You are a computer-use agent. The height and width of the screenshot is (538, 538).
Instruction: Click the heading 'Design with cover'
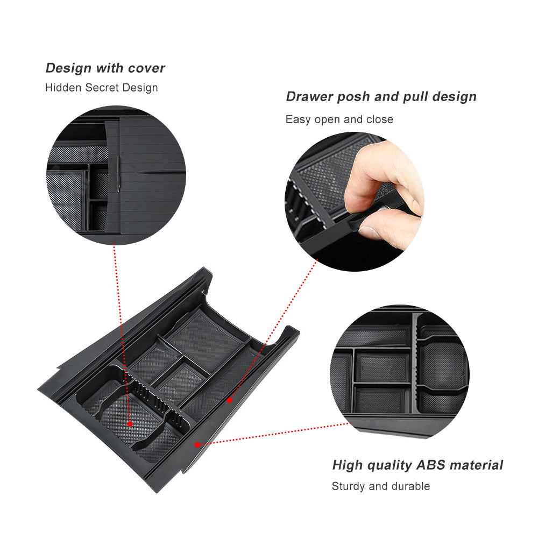pos(105,68)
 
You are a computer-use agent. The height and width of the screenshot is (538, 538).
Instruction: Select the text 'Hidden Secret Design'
pos(101,88)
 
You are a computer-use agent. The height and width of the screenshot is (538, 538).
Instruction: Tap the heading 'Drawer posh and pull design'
pos(381,97)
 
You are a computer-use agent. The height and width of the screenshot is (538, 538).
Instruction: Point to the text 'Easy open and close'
pos(339,119)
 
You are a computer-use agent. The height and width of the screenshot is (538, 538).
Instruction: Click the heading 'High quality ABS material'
pos(417,465)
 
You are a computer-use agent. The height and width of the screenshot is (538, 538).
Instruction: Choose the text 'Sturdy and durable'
pos(380,486)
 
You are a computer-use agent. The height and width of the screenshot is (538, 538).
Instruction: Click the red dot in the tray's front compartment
pos(130,424)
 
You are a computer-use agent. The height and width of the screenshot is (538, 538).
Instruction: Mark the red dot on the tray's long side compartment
pos(229,400)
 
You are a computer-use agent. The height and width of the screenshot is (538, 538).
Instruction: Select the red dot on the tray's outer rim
pos(198,444)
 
